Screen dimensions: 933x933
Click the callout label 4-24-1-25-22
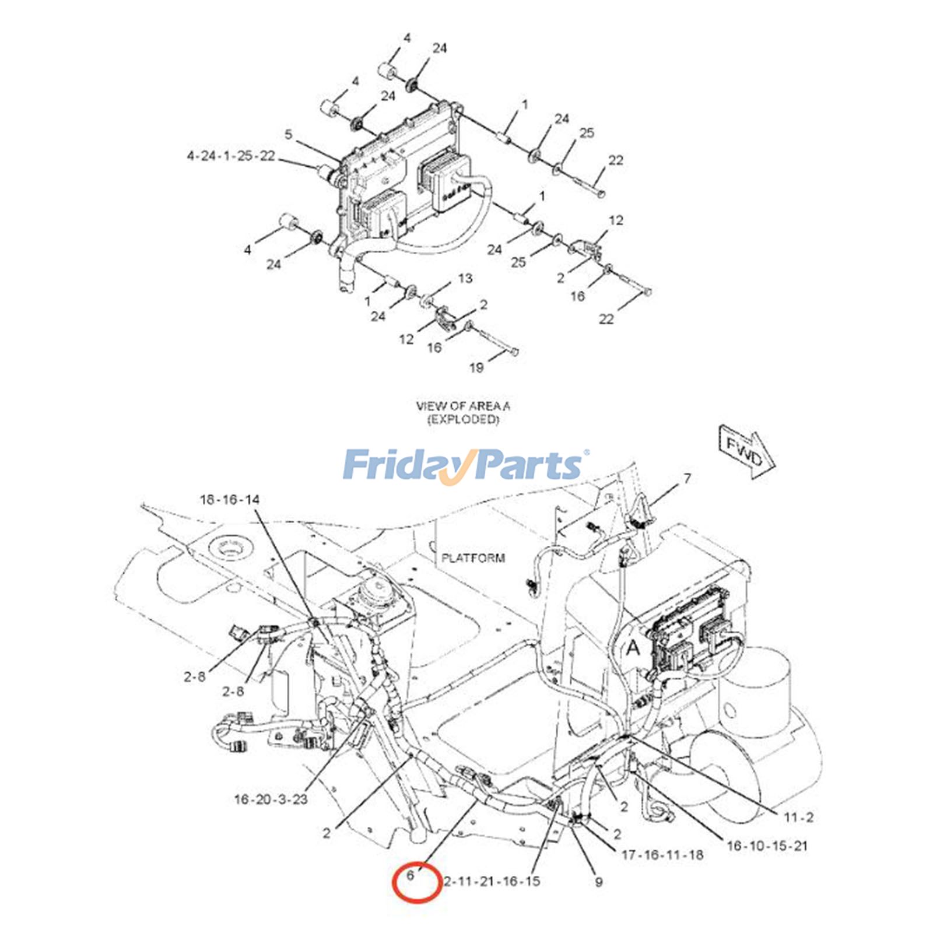tap(230, 156)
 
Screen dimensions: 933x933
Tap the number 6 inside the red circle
tap(411, 875)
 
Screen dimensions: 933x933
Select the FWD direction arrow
tap(746, 451)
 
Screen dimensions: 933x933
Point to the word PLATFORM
tap(473, 558)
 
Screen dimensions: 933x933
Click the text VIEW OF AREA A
tap(463, 406)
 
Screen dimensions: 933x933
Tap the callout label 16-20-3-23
tap(271, 799)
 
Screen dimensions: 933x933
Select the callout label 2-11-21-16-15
tap(492, 881)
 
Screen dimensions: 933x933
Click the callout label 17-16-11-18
tap(662, 855)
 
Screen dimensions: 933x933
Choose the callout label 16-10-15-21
tap(767, 845)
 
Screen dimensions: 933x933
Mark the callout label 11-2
tap(798, 818)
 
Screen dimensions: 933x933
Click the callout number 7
tap(688, 478)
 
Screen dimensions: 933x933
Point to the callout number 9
tap(598, 882)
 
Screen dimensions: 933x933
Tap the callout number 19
tap(476, 367)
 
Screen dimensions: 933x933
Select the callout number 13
tap(465, 278)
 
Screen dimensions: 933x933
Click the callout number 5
tap(289, 135)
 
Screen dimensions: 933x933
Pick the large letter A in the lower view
tap(633, 647)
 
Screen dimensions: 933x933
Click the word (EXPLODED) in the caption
tap(464, 419)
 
